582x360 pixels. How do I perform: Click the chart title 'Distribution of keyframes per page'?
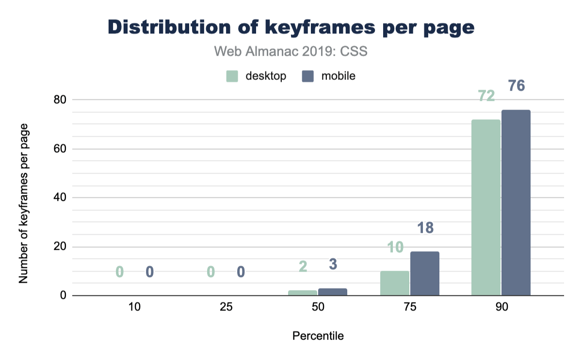[291, 28]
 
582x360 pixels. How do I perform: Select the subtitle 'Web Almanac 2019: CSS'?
[291, 51]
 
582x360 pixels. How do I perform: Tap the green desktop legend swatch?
[232, 76]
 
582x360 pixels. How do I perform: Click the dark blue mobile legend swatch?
[308, 76]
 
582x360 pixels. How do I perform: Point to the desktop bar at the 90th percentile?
[486, 208]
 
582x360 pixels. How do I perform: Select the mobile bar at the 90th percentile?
[516, 203]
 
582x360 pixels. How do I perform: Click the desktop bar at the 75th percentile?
[395, 283]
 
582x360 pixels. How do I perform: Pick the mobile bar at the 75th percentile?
[425, 274]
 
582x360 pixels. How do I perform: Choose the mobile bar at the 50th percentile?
[333, 292]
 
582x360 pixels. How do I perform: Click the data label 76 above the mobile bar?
[517, 86]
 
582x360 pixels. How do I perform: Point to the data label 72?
[486, 96]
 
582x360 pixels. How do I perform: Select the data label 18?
[425, 228]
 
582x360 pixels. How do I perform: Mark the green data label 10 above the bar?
[395, 247]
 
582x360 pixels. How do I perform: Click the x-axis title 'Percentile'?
[318, 336]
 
